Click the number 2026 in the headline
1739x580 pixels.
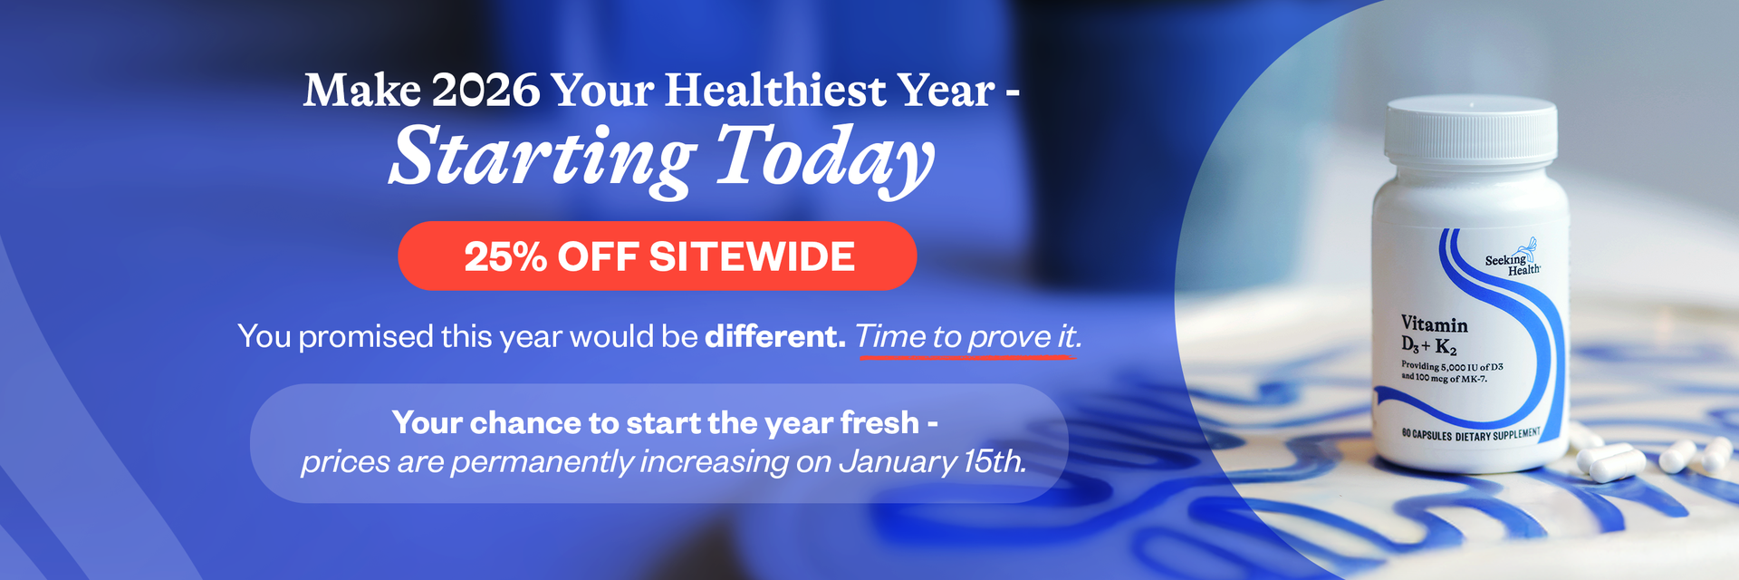tap(485, 91)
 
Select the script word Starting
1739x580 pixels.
tap(542, 158)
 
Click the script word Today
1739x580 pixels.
tap(824, 158)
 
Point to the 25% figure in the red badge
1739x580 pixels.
tap(505, 257)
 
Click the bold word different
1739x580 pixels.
tap(775, 336)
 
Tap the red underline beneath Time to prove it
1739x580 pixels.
tap(966, 357)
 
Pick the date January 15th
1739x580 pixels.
tap(933, 462)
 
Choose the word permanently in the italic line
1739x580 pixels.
tap(543, 462)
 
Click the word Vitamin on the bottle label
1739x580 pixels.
tap(1434, 324)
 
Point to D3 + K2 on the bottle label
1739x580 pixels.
tap(1428, 346)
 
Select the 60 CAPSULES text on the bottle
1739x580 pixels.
tap(1427, 434)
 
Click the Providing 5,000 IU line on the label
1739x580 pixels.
tap(1452, 366)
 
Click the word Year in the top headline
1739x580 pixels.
tap(946, 91)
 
